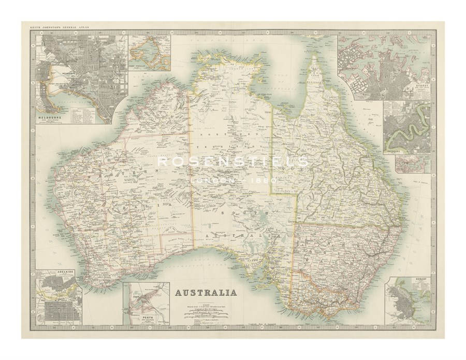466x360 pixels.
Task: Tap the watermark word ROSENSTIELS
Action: click(233, 162)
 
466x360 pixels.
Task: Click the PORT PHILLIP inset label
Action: click(139, 67)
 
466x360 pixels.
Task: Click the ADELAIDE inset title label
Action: click(51, 271)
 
